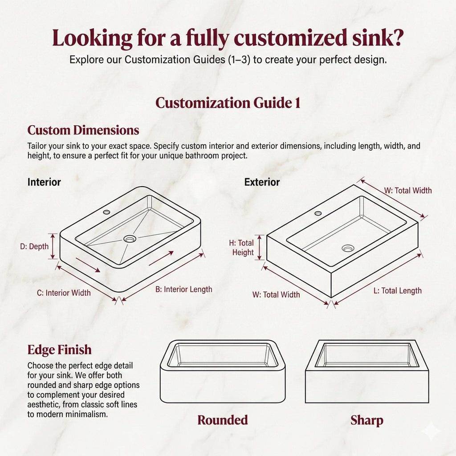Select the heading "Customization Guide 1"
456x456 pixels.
click(x=228, y=103)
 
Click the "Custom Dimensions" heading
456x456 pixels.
click(x=83, y=130)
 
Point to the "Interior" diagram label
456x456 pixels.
click(x=44, y=182)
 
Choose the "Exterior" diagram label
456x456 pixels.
click(x=262, y=182)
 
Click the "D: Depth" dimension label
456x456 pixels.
click(x=34, y=247)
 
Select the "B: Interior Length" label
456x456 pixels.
click(x=183, y=289)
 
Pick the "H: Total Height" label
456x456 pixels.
click(x=243, y=248)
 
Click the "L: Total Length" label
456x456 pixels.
click(x=397, y=291)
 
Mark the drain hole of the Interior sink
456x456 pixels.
click(x=130, y=239)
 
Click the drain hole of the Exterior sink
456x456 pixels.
click(x=348, y=248)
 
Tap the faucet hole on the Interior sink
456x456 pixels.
click(x=107, y=212)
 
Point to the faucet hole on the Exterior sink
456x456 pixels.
click(x=318, y=213)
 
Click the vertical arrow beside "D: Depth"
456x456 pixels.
click(x=53, y=246)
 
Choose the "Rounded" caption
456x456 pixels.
click(x=223, y=420)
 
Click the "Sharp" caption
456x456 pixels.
click(x=366, y=420)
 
